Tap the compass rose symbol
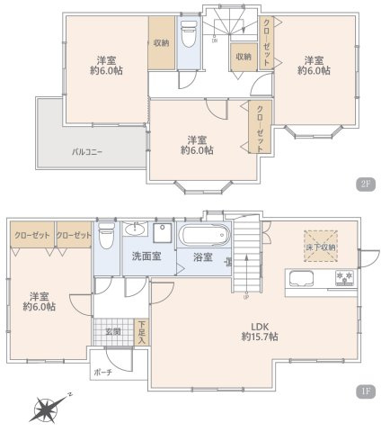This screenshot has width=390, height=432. (48, 409)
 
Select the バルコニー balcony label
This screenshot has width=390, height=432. (87, 152)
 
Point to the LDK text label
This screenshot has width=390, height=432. (259, 325)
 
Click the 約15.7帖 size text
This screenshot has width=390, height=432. (259, 337)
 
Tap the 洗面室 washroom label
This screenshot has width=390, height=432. (146, 256)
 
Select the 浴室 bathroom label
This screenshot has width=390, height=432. (202, 257)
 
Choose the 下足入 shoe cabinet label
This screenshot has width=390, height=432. (142, 331)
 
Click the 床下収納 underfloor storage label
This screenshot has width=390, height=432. (320, 247)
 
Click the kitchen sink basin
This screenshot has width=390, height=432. (302, 276)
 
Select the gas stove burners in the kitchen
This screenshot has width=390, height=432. (342, 276)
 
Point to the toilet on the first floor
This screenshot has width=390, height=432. (106, 235)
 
